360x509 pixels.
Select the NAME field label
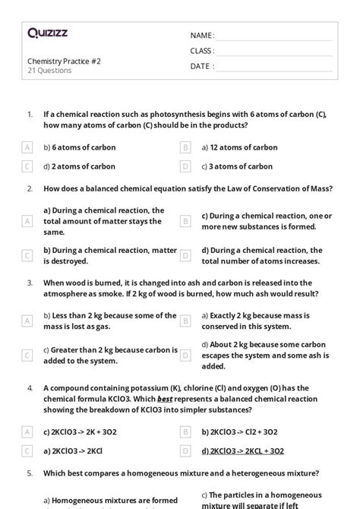202,36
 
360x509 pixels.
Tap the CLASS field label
202,51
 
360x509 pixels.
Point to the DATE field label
201,66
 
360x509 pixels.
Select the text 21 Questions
49,71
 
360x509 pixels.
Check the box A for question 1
27,147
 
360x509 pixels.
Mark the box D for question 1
185,166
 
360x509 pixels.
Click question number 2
30,188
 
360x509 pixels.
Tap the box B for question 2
185,221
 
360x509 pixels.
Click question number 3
30,282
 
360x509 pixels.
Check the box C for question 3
27,355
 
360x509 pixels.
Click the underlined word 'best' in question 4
165,399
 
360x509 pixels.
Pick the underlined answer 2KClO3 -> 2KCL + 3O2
242,451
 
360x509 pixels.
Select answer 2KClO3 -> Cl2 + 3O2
239,432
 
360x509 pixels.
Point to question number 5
30,473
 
